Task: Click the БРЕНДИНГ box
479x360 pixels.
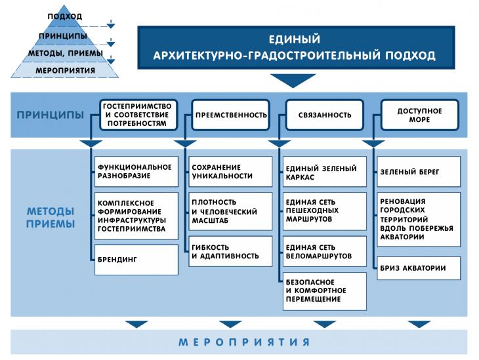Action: pyautogui.click(x=136, y=260)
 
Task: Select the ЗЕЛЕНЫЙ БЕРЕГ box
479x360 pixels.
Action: pyautogui.click(x=419, y=172)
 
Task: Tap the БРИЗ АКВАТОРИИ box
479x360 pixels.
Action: pyautogui.click(x=419, y=268)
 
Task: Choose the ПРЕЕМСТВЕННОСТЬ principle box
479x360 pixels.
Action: pyautogui.click(x=230, y=115)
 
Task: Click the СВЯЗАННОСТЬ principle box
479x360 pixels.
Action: pyautogui.click(x=324, y=115)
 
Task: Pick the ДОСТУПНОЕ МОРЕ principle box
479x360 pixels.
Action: pyautogui.click(x=419, y=115)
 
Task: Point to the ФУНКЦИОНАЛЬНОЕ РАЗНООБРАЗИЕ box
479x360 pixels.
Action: pyautogui.click(x=136, y=172)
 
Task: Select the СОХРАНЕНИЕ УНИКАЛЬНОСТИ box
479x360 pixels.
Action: pyautogui.click(x=230, y=172)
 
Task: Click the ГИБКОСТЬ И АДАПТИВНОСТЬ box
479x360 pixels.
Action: pyautogui.click(x=230, y=251)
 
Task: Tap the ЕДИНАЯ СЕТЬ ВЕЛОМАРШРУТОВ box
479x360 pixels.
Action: pyautogui.click(x=324, y=251)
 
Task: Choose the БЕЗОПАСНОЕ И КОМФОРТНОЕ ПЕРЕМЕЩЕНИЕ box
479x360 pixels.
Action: pyautogui.click(x=324, y=291)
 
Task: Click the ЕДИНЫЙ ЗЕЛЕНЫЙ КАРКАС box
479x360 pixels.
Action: pyautogui.click(x=324, y=172)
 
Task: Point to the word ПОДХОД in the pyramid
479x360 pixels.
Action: pyautogui.click(x=65, y=16)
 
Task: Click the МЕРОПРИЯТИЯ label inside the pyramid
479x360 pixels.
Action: pyautogui.click(x=66, y=71)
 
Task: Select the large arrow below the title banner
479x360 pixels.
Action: pyautogui.click(x=293, y=81)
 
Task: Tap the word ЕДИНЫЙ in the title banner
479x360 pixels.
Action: pyautogui.click(x=295, y=39)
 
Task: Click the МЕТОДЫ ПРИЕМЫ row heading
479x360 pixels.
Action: pyautogui.click(x=51, y=218)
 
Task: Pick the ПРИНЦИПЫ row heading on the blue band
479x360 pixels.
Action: pyautogui.click(x=51, y=115)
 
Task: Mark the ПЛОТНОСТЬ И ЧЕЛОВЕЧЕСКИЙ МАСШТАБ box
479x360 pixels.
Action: pyautogui.click(x=230, y=211)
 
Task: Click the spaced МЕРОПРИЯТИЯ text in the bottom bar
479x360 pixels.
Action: pyautogui.click(x=244, y=342)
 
